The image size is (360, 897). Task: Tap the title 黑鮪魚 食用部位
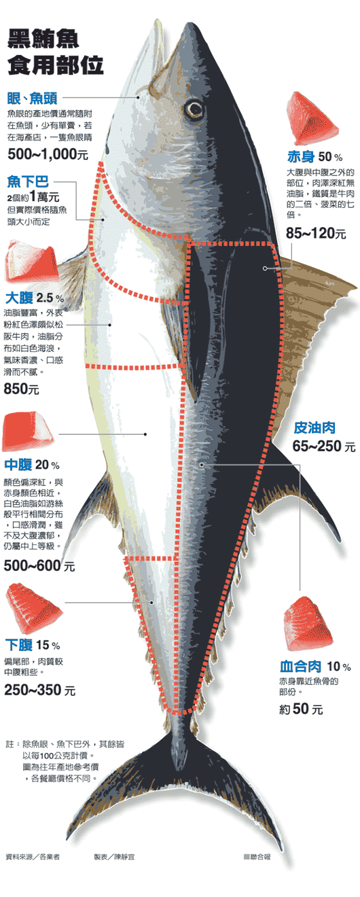coord(55,52)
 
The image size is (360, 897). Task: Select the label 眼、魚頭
coord(32,98)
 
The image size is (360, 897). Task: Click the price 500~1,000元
coord(48,154)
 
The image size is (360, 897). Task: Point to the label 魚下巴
coord(28,182)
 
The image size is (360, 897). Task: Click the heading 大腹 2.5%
coord(35,298)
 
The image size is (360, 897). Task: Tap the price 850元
coord(21,389)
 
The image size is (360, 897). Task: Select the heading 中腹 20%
coord(32,465)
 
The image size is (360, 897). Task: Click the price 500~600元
coord(39,565)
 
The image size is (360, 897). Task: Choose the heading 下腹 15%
coord(33,645)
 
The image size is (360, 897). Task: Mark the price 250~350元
coord(39,690)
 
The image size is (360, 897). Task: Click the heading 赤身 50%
coord(314,156)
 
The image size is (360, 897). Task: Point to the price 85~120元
coord(316,233)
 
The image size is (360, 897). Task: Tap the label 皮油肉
coord(314,427)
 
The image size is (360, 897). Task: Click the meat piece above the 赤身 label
coord(312,118)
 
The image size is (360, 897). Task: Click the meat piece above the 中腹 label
coord(28,432)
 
